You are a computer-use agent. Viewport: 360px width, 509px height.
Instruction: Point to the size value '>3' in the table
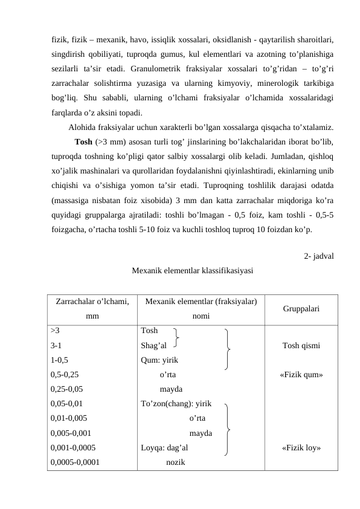[55, 331]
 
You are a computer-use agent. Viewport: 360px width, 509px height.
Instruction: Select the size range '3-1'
[58, 345]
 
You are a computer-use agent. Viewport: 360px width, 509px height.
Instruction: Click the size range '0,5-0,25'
[65, 375]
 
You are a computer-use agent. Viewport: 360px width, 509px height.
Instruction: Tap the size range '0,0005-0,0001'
[76, 462]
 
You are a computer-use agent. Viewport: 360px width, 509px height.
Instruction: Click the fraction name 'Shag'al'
[153, 345]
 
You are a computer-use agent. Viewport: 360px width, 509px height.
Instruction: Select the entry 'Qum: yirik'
[159, 360]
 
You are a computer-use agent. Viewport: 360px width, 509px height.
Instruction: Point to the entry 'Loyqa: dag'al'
[164, 448]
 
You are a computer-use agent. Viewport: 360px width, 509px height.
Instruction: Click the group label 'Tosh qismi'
[301, 346]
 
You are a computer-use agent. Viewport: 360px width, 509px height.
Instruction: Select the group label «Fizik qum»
[301, 375]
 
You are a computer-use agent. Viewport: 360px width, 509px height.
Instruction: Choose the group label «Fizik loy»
[301, 448]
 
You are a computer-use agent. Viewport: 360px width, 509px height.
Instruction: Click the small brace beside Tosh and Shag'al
[175, 338]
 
